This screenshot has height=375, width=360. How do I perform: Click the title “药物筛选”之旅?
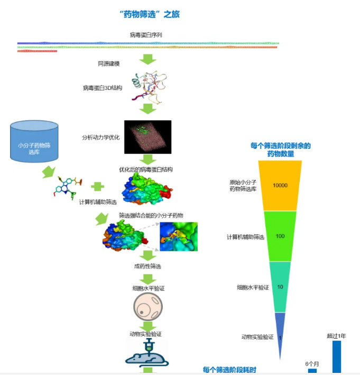pos(150,14)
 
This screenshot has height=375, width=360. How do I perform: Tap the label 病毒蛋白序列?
pos(146,35)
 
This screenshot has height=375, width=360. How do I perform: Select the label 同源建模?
pos(109,64)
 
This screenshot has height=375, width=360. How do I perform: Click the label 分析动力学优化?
pos(101,137)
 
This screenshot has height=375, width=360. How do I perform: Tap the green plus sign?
pos(96,186)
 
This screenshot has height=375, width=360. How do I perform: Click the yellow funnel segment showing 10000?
pos(280,185)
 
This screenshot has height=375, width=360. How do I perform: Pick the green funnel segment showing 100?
pos(280,236)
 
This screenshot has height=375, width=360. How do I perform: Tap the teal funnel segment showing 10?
pos(280,287)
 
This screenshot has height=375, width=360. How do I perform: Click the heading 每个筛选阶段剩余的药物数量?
pos(280,150)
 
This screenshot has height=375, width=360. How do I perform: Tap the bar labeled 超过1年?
pos(336,357)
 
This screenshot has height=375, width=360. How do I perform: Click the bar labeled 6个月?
pos(312,371)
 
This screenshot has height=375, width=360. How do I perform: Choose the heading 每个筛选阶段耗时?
pos(229,370)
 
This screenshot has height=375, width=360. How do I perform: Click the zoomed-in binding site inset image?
pos(178,236)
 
